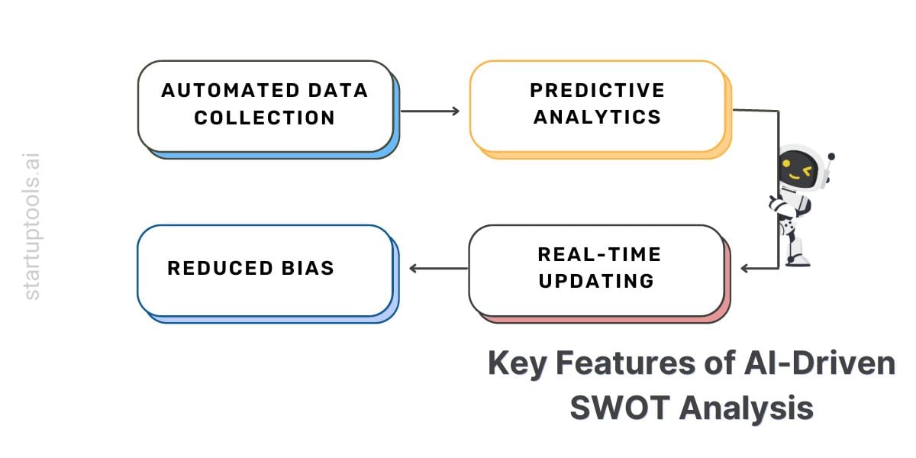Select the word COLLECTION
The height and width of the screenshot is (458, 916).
264,118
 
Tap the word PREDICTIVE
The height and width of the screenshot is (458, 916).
597,91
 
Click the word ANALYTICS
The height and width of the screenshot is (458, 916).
597,118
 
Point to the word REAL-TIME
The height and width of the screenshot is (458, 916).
598,254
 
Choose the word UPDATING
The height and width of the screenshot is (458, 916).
596,280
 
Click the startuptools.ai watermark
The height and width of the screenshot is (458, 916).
32,226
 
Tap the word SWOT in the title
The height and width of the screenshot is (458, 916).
619,408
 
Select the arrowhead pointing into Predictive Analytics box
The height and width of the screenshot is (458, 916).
456,111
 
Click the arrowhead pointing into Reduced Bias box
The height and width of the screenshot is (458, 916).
414,268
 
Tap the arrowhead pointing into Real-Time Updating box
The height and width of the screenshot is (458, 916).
745,268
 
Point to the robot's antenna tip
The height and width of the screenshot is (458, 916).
831,157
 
